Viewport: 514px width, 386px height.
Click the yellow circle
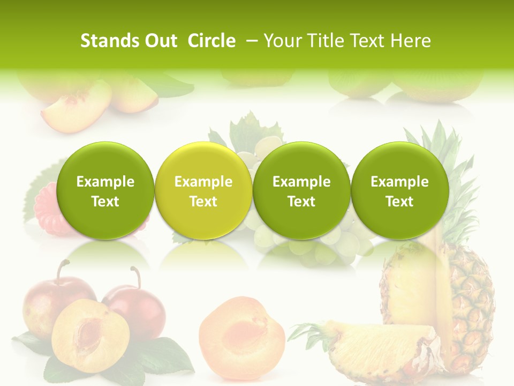(203, 191)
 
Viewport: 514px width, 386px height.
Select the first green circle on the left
(105, 191)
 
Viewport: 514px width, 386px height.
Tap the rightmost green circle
(399, 191)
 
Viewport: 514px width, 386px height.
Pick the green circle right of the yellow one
(301, 191)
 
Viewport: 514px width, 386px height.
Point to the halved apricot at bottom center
(242, 332)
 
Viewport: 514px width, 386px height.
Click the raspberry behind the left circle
(46, 206)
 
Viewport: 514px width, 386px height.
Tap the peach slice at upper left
(75, 110)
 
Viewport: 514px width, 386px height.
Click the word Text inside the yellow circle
(203, 202)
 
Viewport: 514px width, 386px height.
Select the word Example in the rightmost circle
(399, 182)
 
